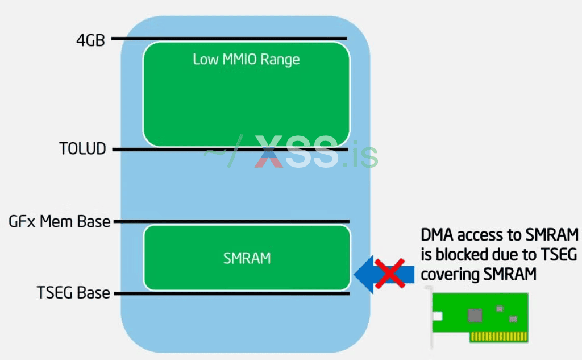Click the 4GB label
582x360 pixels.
pos(90,40)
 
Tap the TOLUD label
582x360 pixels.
pos(82,149)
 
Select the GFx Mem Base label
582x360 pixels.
pos(60,221)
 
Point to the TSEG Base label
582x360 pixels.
pos(73,293)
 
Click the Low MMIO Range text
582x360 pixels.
pos(246,59)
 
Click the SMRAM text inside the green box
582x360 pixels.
pos(247,258)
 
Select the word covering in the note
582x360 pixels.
pos(449,274)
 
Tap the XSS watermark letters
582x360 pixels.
pos(296,152)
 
